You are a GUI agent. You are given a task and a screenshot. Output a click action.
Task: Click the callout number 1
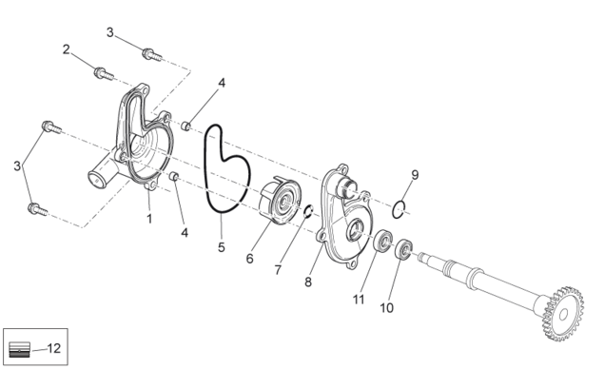149,219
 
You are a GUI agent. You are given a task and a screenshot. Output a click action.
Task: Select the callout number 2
67,49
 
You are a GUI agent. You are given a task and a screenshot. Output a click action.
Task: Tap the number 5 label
221,247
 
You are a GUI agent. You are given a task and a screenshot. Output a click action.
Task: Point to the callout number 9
415,175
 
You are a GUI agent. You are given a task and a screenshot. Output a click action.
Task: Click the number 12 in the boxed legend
54,348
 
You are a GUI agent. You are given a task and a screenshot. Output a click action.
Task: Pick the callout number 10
387,308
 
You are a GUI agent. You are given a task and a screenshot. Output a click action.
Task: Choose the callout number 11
359,300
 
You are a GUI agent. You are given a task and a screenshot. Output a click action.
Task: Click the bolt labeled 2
104,73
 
